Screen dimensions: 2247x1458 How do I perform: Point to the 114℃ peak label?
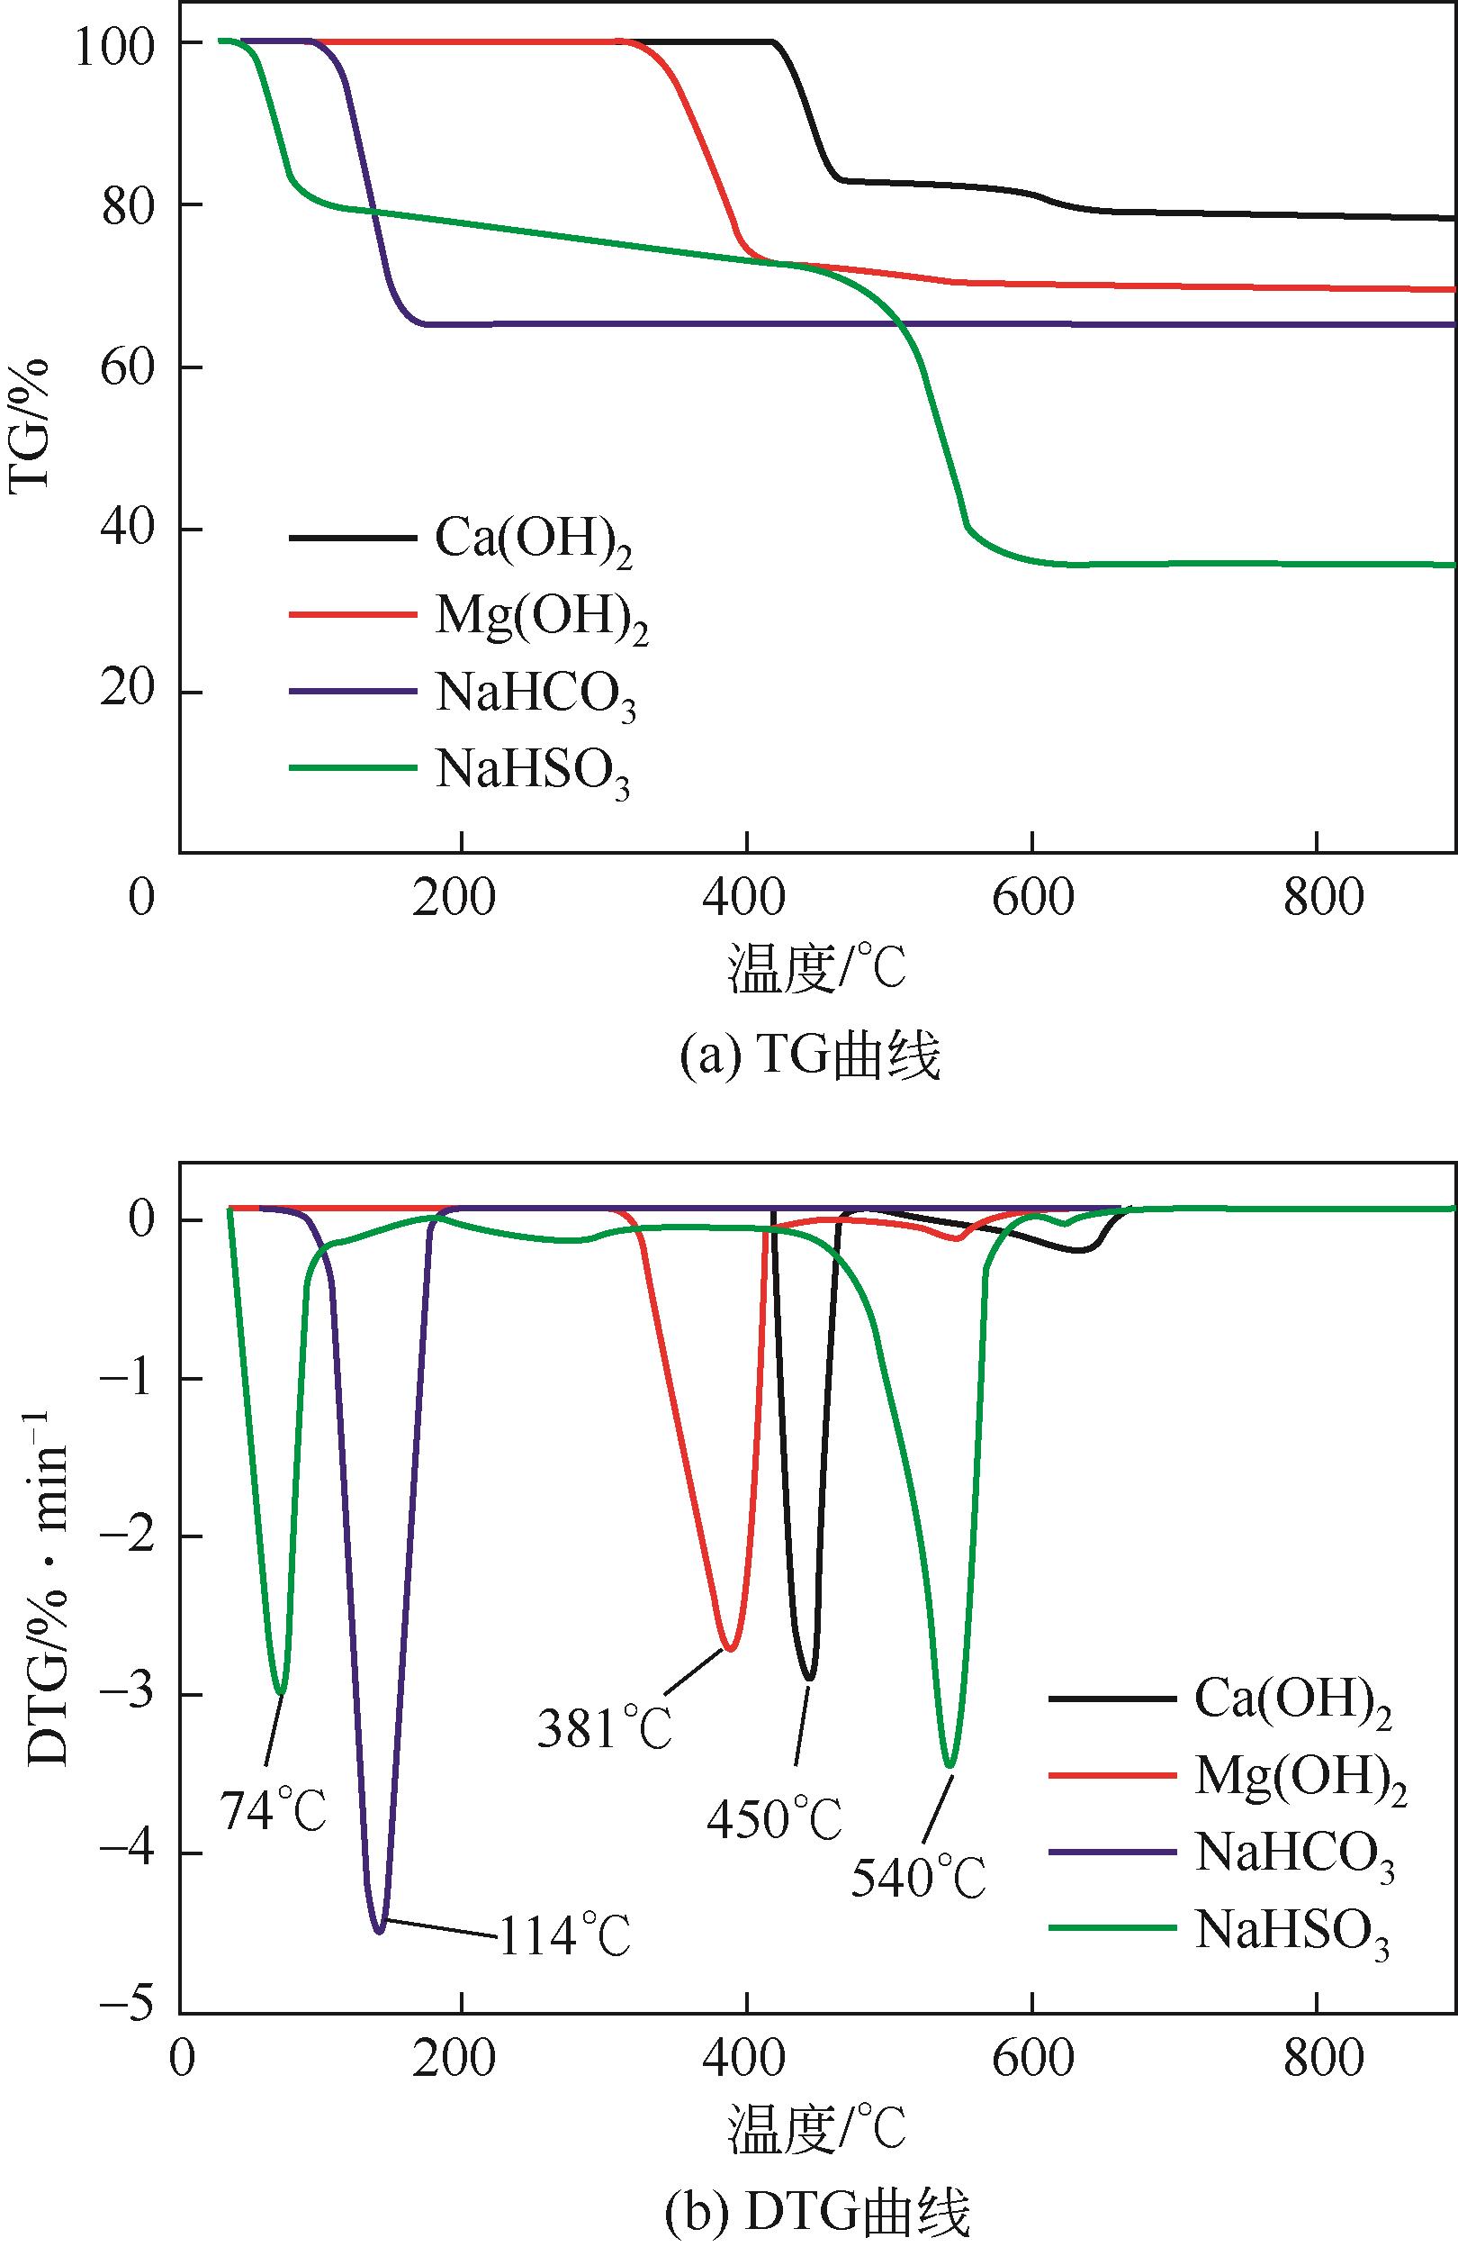tap(563, 1936)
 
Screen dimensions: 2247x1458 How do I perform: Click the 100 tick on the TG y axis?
tap(114, 44)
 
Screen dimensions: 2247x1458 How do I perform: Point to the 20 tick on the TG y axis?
tap(127, 691)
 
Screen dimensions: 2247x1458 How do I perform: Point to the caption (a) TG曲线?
tap(811, 1056)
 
